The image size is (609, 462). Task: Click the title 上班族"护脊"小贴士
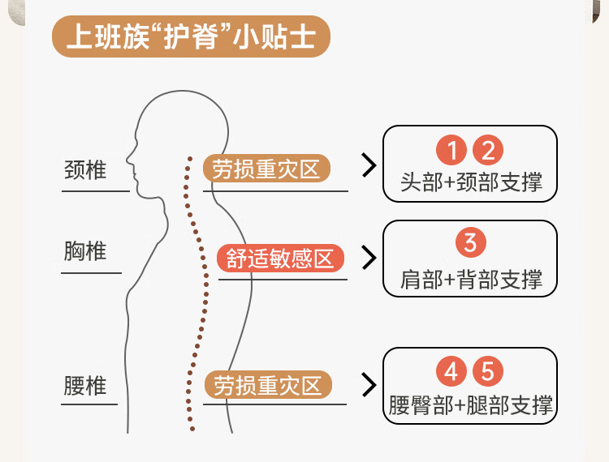pos(191,36)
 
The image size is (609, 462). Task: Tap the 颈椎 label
pos(85,169)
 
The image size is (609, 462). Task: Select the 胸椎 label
pos(85,250)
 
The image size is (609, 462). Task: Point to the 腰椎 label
pos(85,386)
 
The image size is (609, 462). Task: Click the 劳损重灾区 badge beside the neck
pos(266,169)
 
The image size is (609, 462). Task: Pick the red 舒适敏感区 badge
pos(280,258)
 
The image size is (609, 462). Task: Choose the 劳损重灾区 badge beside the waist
pos(268,385)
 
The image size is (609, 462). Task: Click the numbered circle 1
pos(451,150)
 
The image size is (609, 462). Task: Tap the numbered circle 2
pos(488,150)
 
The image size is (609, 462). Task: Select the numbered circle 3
pos(471,242)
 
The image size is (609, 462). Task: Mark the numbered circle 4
pos(451,371)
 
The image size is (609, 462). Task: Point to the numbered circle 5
pos(488,371)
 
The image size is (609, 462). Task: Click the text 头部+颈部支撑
pos(471,182)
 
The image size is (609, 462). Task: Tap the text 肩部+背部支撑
pos(471,279)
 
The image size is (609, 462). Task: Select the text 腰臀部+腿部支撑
pos(470,405)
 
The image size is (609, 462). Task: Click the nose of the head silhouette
pos(127,159)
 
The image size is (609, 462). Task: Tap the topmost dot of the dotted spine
pos(190,159)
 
